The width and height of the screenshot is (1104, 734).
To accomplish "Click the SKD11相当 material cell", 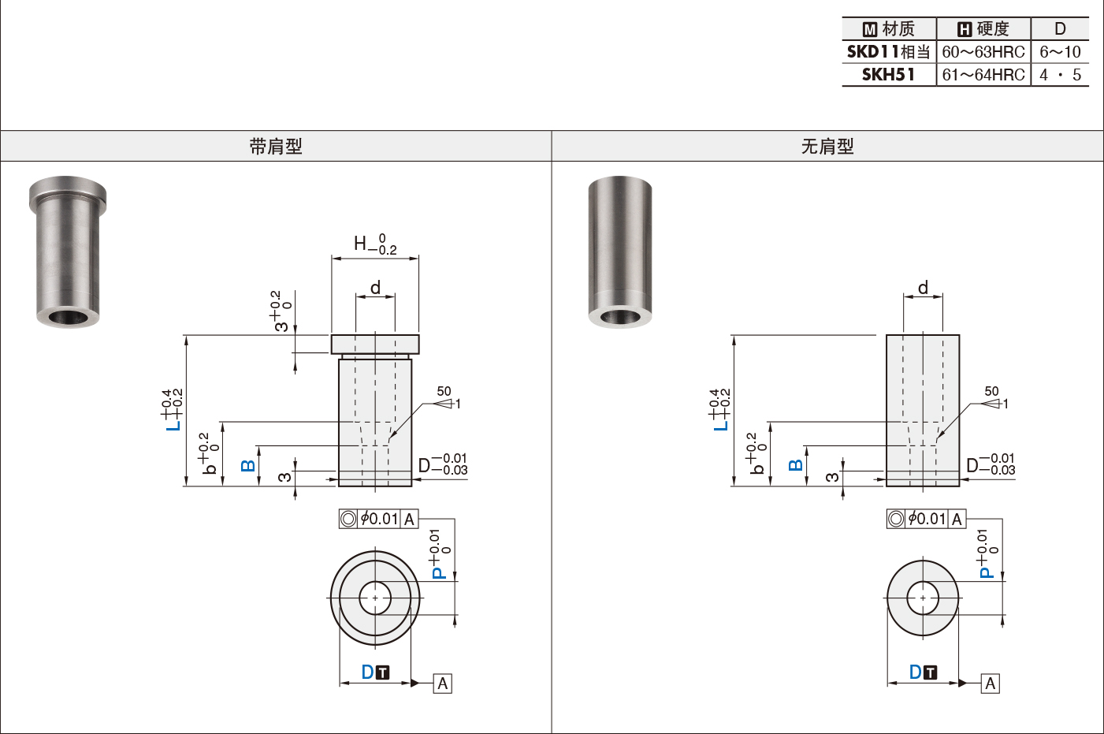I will (x=888, y=52).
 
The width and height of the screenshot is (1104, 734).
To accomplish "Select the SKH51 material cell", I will (x=888, y=75).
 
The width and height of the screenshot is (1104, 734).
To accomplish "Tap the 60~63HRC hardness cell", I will (x=983, y=52).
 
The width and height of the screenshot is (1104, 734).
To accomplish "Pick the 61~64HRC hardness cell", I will (x=983, y=75).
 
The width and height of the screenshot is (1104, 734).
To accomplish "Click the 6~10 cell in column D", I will (x=1060, y=52).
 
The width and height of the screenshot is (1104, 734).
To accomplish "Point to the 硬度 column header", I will (x=983, y=29).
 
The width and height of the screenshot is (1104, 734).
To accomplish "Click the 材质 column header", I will (x=889, y=29).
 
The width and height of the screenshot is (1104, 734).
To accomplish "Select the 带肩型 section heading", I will (x=276, y=147).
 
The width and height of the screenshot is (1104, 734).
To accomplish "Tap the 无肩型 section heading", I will (x=827, y=147).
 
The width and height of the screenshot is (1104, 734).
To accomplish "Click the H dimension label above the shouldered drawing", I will (x=360, y=244).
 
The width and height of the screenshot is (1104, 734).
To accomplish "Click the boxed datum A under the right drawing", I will (x=991, y=684).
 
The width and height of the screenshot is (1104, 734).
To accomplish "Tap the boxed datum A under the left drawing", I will (x=443, y=684).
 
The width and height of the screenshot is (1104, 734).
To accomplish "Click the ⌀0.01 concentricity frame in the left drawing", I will (x=379, y=519).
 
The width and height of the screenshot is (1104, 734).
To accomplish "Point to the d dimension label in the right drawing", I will (x=923, y=288).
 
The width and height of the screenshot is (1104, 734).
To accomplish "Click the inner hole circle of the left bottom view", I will (x=375, y=598).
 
